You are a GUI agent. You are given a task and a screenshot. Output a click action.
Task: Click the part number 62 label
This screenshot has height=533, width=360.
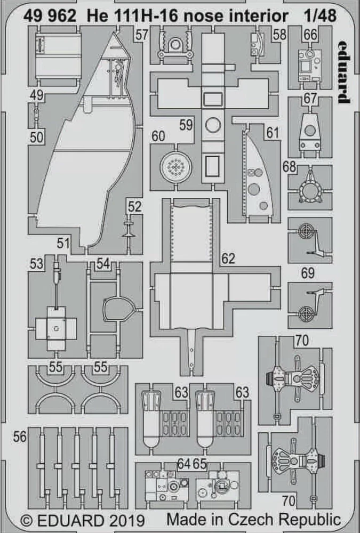click(227, 259)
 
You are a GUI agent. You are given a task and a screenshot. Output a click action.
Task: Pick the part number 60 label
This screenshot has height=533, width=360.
click(158, 136)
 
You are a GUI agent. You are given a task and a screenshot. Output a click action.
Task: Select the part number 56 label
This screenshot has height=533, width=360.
click(20, 437)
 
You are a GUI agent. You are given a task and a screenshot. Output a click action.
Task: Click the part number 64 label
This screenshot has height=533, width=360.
click(184, 463)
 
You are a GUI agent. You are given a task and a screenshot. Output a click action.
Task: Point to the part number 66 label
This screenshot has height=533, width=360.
click(310, 35)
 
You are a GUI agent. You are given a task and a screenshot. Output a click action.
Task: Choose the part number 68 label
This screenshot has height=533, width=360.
click(290, 167)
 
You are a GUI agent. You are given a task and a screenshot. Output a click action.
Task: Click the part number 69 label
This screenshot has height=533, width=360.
click(308, 273)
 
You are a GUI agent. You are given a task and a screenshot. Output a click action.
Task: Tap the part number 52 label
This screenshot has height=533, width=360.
click(135, 206)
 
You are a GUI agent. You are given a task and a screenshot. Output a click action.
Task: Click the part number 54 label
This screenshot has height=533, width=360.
click(103, 263)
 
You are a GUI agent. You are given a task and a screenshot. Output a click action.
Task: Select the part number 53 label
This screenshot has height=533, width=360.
click(36, 263)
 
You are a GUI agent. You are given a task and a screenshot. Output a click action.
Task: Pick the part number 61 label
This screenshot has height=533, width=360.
click(273, 133)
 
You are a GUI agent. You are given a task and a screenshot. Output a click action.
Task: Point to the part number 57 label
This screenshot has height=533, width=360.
click(141, 35)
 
